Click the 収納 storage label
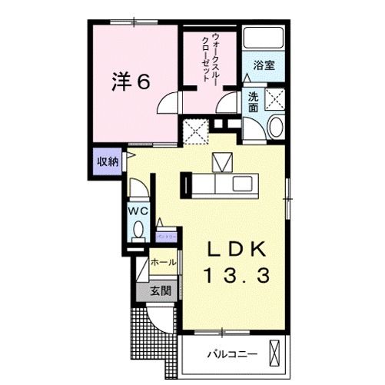coord(107,161)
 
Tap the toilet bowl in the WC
coord(138,229)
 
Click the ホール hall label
coord(163,262)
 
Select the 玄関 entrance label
coord(161,290)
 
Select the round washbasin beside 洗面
coord(276,127)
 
